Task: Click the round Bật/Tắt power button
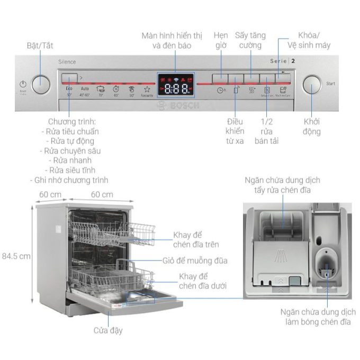click(41, 84)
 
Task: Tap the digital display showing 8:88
click(176, 88)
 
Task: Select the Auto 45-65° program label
click(85, 91)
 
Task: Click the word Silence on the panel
click(67, 62)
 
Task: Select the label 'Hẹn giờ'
click(221, 40)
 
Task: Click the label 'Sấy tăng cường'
click(250, 40)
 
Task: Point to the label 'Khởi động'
click(312, 127)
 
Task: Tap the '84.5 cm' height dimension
click(16, 256)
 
